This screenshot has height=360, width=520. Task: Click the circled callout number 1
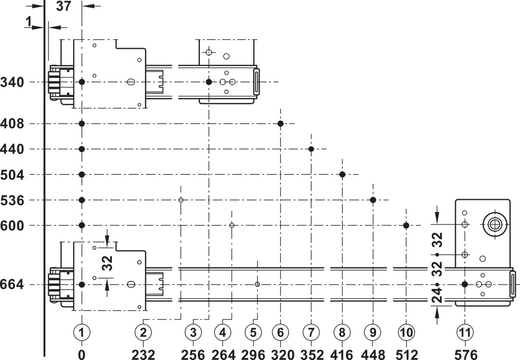tap(82, 332)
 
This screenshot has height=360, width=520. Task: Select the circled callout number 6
tap(281, 332)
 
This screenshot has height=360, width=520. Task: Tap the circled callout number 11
tap(465, 332)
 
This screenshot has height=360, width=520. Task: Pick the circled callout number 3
tap(193, 332)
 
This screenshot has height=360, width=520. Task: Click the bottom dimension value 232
tap(143, 355)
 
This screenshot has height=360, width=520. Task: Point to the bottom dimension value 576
tap(465, 355)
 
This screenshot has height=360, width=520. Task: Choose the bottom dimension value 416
tap(342, 355)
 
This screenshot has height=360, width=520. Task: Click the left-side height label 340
tap(12, 82)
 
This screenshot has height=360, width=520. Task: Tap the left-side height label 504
tap(12, 175)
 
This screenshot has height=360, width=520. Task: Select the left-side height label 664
tap(12, 285)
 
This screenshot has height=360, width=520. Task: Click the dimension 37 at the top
tap(63, 6)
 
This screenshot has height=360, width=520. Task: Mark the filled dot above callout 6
tap(281, 124)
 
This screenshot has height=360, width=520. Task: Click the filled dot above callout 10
tap(406, 225)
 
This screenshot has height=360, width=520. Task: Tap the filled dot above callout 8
tap(342, 175)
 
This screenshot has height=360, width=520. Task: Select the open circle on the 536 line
tap(181, 200)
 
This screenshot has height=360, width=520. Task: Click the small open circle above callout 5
tap(258, 285)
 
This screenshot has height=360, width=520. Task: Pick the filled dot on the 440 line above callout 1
tap(82, 149)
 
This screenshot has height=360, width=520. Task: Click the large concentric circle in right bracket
tap(495, 224)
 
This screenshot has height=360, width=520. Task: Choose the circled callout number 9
tap(373, 332)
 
